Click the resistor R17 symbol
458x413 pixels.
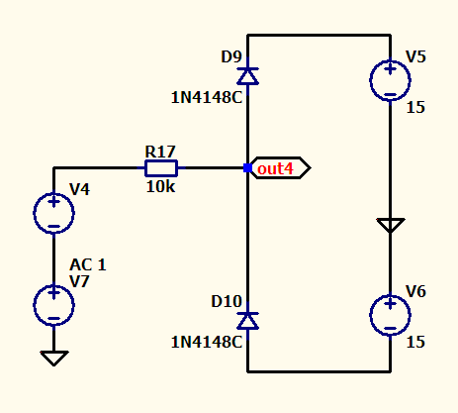pyautogui.click(x=161, y=168)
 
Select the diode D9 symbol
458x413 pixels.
pyautogui.click(x=248, y=76)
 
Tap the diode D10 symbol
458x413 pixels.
pyautogui.click(x=248, y=321)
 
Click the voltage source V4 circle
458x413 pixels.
pyautogui.click(x=53, y=213)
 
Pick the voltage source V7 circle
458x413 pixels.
pyautogui.click(x=53, y=305)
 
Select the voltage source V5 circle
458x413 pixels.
pyautogui.click(x=390, y=80)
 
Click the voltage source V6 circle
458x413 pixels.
pyautogui.click(x=390, y=315)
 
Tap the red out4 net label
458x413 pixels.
pyautogui.click(x=275, y=168)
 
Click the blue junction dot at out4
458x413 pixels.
pyautogui.click(x=247, y=168)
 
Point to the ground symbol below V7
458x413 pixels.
pyautogui.click(x=54, y=359)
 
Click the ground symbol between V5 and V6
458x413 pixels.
pyautogui.click(x=391, y=226)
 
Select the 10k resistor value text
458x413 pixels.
pyautogui.click(x=160, y=187)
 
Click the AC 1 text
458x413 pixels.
pyautogui.click(x=88, y=264)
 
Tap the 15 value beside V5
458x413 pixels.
pyautogui.click(x=415, y=108)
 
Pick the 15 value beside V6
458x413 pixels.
pyautogui.click(x=415, y=342)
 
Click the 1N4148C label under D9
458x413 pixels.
pyautogui.click(x=207, y=98)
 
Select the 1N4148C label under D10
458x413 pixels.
pyautogui.click(x=207, y=342)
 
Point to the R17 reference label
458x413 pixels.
pyautogui.click(x=160, y=152)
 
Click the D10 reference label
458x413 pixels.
pyautogui.click(x=227, y=301)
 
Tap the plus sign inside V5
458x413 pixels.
pyautogui.click(x=390, y=69)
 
